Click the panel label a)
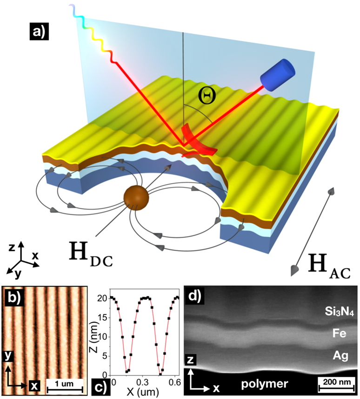(x=38, y=32)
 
